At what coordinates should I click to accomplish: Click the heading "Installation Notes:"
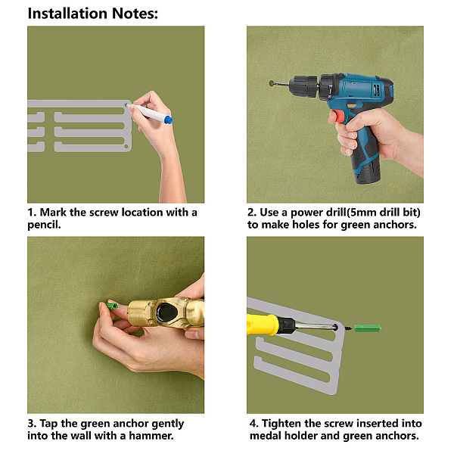point(92,14)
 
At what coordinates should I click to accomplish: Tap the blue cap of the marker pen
point(168,120)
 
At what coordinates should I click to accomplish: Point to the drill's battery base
point(366,173)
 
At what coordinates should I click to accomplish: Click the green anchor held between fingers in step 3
point(111,306)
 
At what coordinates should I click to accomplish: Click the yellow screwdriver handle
point(262,324)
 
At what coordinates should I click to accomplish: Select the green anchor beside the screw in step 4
point(368,328)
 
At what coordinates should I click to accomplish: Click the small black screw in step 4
point(348,328)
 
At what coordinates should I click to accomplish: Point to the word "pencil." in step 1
point(45,225)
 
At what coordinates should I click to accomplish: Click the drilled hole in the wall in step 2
point(272,83)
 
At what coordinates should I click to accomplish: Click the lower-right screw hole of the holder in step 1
point(126,147)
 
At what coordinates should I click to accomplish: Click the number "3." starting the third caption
point(32,424)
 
